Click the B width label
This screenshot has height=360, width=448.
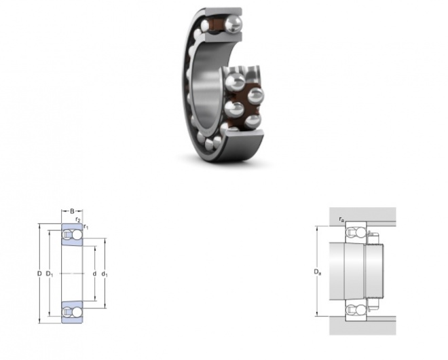pyautogui.click(x=72, y=211)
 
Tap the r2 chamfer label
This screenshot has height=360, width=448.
pyautogui.click(x=78, y=220)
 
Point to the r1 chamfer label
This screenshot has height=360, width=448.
pyautogui.click(x=86, y=227)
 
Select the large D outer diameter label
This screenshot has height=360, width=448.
pyautogui.click(x=39, y=274)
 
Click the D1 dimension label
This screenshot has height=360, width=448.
pyautogui.click(x=50, y=274)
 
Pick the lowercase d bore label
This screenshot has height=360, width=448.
pyautogui.click(x=94, y=274)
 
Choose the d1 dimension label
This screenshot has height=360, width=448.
pyautogui.click(x=105, y=274)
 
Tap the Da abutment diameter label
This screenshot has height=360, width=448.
pyautogui.click(x=318, y=272)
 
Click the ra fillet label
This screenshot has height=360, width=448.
pyautogui.click(x=341, y=219)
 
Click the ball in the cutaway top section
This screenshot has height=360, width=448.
pyautogui.click(x=234, y=24)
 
